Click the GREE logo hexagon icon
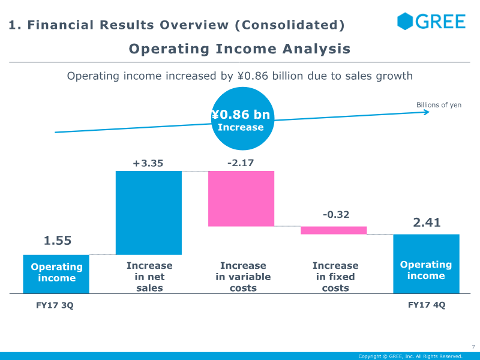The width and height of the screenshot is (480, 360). click(406, 21)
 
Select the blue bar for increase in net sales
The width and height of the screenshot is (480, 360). click(148, 213)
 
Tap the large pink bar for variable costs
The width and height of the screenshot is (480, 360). click(241, 199)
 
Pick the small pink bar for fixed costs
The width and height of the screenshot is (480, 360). click(333, 230)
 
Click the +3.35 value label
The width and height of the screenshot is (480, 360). click(148, 163)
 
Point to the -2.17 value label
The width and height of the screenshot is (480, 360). click(241, 163)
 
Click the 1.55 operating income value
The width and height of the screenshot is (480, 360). click(58, 241)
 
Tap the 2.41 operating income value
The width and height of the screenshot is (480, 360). click(427, 223)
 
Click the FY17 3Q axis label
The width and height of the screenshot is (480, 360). click(55, 305)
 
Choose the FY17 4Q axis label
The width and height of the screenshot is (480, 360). click(427, 305)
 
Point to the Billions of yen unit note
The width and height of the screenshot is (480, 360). click(439, 105)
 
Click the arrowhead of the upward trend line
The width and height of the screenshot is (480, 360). click(426, 112)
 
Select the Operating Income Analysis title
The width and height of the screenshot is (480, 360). click(240, 49)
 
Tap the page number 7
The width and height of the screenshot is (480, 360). click(473, 347)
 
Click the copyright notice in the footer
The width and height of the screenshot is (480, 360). click(410, 356)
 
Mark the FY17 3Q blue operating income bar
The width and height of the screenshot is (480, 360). click(56, 274)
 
